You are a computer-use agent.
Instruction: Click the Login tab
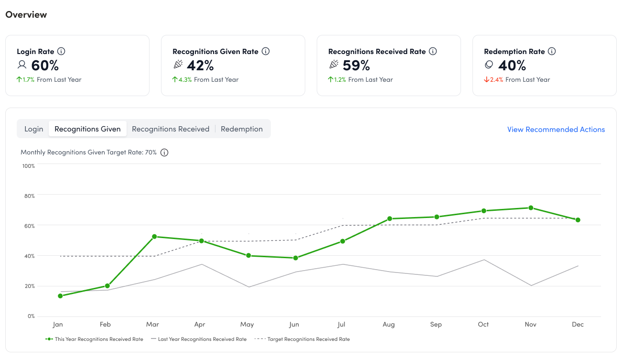pyautogui.click(x=34, y=129)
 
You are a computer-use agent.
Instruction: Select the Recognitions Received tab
pyautogui.click(x=171, y=129)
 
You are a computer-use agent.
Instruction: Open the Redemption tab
pyautogui.click(x=242, y=129)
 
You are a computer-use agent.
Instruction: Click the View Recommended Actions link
pyautogui.click(x=556, y=130)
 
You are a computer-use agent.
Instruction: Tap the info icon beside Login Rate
pyautogui.click(x=61, y=51)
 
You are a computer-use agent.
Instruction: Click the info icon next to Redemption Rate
pyautogui.click(x=552, y=51)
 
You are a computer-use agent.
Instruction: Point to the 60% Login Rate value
pyautogui.click(x=45, y=65)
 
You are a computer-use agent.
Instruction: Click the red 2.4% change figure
pyautogui.click(x=496, y=80)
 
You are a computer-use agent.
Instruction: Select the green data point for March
pyautogui.click(x=154, y=237)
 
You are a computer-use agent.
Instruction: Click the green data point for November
pyautogui.click(x=530, y=208)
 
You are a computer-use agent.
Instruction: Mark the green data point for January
pyautogui.click(x=60, y=296)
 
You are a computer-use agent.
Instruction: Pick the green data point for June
pyautogui.click(x=295, y=258)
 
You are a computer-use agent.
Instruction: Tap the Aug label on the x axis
pyautogui.click(x=388, y=325)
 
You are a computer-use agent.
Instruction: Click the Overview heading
pyautogui.click(x=26, y=15)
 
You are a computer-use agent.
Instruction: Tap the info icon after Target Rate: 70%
pyautogui.click(x=164, y=153)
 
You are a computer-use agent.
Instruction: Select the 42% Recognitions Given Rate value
pyautogui.click(x=200, y=65)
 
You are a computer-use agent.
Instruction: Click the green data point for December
pyautogui.click(x=578, y=220)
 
